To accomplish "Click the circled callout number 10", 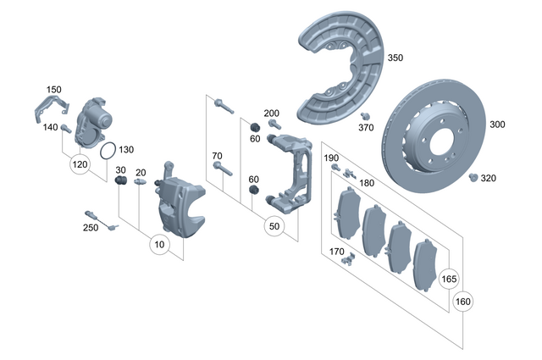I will pos(158,245).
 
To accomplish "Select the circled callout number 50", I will pos(274,227).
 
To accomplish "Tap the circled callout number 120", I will pos(80,163).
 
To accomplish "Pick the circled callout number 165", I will pos(448,278).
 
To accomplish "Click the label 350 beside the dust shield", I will pos(395,58).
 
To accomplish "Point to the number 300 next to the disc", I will pos(497,125).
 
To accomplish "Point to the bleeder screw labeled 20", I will pos(140,180).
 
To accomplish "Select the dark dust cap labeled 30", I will pos(121,181).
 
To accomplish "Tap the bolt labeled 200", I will pos(273,123).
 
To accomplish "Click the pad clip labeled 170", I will pos(344,260).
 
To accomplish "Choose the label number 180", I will pos(366,183).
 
